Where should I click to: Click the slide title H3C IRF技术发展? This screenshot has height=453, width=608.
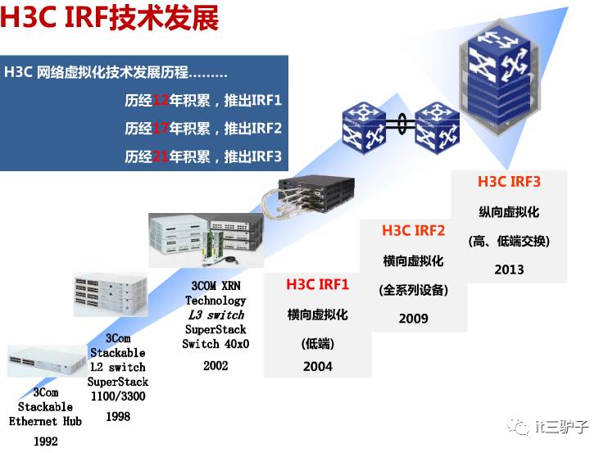110,19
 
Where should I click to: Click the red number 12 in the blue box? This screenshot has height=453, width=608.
161,102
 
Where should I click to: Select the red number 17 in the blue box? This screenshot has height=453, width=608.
161,129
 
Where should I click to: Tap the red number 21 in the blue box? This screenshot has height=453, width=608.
161,156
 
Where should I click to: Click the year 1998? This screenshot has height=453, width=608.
118,416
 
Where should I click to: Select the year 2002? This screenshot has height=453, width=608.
215,365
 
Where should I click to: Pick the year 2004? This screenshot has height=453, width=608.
317,366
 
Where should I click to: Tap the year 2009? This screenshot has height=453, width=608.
413,318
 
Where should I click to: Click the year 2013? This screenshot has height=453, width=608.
509,269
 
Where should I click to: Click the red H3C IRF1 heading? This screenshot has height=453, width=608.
317,284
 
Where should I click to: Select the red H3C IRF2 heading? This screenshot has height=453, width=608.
413,230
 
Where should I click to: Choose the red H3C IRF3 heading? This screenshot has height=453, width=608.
509,181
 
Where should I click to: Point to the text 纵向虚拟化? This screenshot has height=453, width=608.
509,211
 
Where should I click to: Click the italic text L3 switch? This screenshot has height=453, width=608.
215,315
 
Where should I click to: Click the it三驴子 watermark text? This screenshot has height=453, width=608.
560,425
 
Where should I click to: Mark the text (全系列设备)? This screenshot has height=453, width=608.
413,289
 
